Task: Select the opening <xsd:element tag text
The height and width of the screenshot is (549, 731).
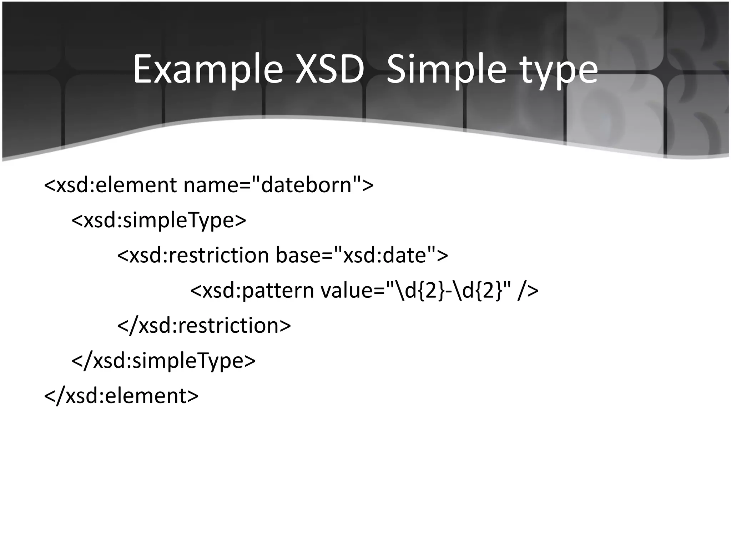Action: pyautogui.click(x=110, y=185)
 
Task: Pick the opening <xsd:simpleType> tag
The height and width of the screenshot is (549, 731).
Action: pyautogui.click(x=159, y=220)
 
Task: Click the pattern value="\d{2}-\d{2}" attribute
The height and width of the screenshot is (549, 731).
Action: pyautogui.click(x=416, y=290)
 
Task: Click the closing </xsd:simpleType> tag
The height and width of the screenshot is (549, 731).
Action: pyautogui.click(x=164, y=360)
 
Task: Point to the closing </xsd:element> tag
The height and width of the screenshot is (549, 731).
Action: pyautogui.click(x=121, y=395)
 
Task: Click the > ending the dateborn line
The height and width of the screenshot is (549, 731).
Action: pyautogui.click(x=368, y=185)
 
